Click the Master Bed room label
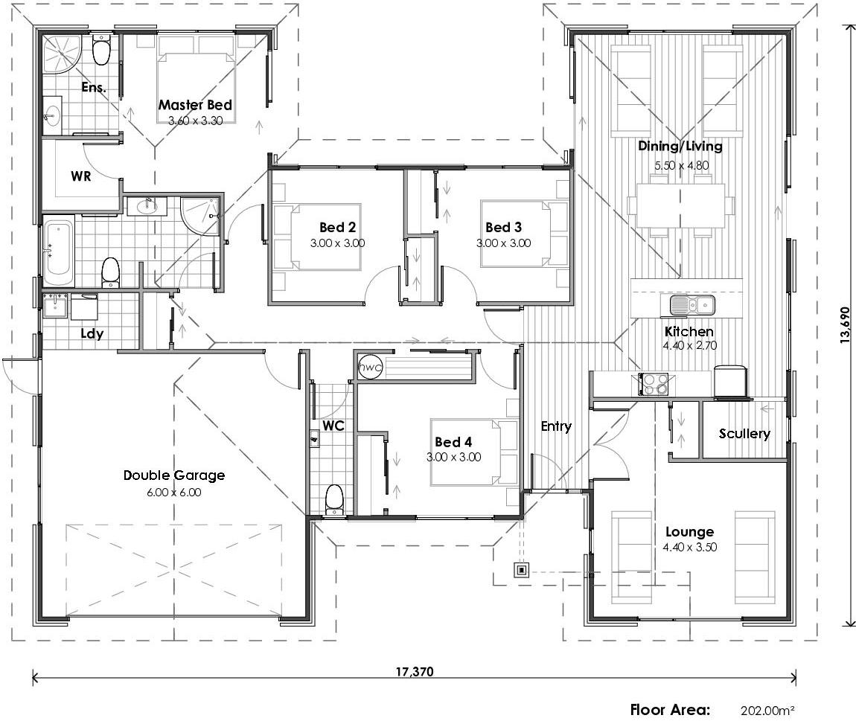coord(195,106)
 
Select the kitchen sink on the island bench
coord(691,304)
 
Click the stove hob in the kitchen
coord(653,384)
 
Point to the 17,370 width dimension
coord(414,671)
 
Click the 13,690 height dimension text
coord(844,326)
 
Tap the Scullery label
coord(744,433)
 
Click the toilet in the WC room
coord(334,499)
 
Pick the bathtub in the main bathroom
coord(58,251)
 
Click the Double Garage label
coord(174,475)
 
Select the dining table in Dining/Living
coord(680,206)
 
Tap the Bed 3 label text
coord(503,227)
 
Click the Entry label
coord(556,426)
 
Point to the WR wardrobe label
coord(81,176)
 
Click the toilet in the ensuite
coord(101,52)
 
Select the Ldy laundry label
coord(92,333)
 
